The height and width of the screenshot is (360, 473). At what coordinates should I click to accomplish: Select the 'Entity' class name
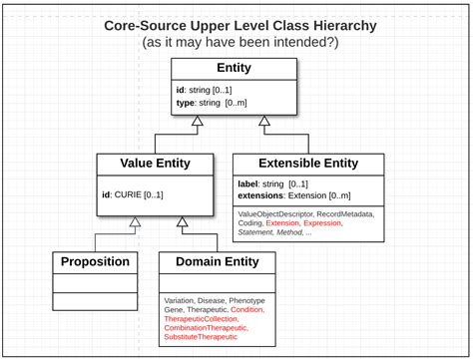(234, 69)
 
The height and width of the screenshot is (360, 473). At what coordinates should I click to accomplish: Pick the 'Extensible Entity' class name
(308, 164)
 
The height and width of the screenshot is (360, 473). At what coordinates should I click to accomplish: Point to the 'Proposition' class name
(96, 262)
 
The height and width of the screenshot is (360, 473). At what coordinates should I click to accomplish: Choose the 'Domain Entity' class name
(218, 262)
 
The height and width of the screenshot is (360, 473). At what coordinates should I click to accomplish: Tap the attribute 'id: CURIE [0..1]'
(133, 193)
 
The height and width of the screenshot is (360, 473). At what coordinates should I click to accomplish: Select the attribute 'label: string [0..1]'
(272, 184)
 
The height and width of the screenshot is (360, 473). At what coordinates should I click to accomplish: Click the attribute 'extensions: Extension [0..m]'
(294, 197)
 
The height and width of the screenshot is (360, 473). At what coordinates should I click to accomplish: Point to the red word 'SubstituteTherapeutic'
(202, 338)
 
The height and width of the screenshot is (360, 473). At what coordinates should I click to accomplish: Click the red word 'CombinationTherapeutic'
(207, 328)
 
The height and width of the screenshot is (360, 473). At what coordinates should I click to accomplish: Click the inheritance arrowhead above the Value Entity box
(198, 121)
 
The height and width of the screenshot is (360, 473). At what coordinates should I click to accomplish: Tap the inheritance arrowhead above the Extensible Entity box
(265, 121)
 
